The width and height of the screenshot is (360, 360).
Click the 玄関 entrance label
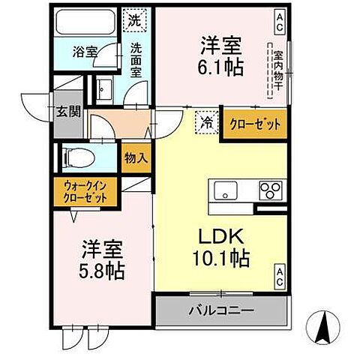[x=65, y=112]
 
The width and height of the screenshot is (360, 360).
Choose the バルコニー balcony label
[x=221, y=309]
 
